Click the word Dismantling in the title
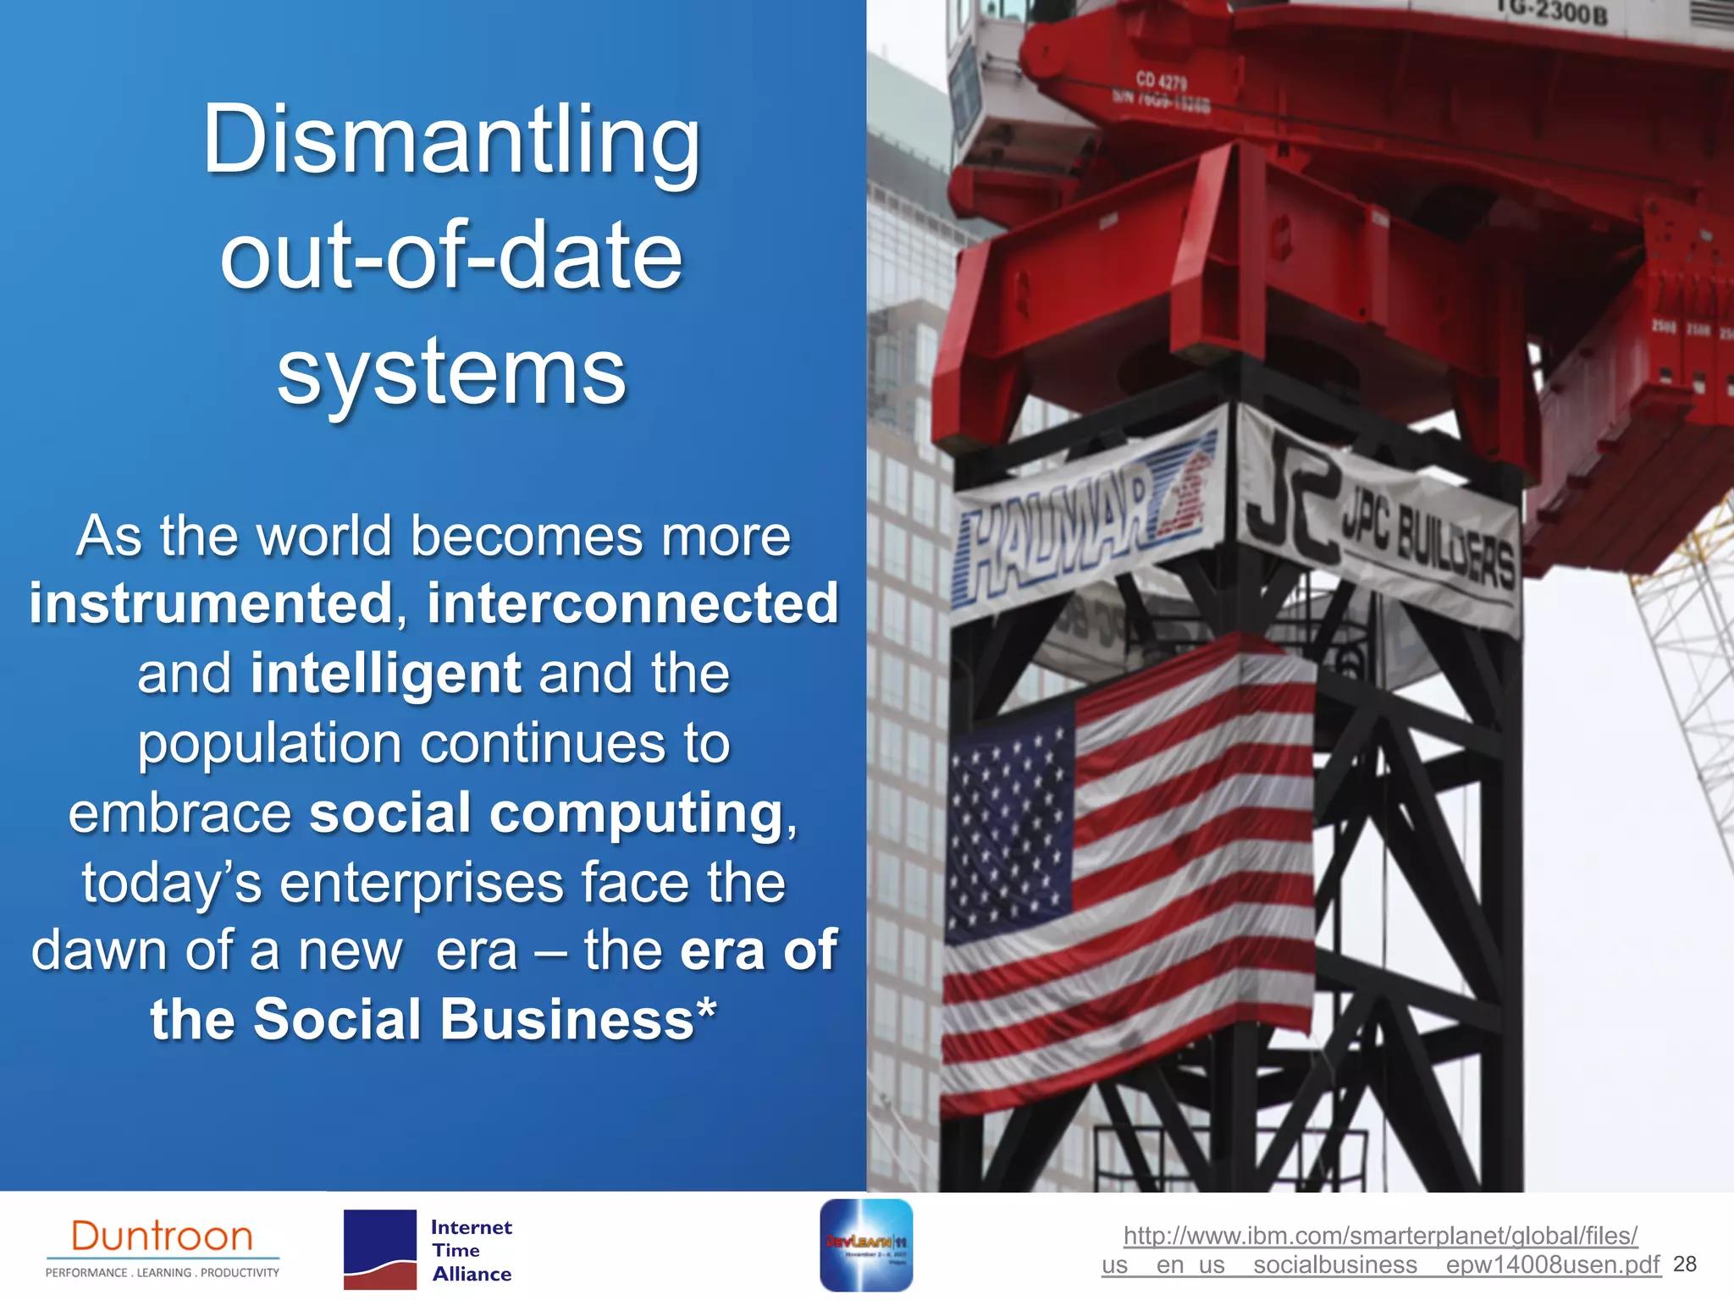click(x=451, y=140)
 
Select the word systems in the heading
click(x=451, y=372)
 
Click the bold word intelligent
click(x=385, y=673)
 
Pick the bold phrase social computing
click(x=546, y=812)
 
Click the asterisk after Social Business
click(x=706, y=1010)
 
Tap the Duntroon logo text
click(x=162, y=1237)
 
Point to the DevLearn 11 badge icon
click(x=866, y=1245)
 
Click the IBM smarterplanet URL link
click(x=1380, y=1250)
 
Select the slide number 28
click(x=1685, y=1264)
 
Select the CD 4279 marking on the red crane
click(x=1161, y=81)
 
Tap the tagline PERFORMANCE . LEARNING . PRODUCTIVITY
click(x=162, y=1272)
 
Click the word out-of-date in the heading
click(x=451, y=256)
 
